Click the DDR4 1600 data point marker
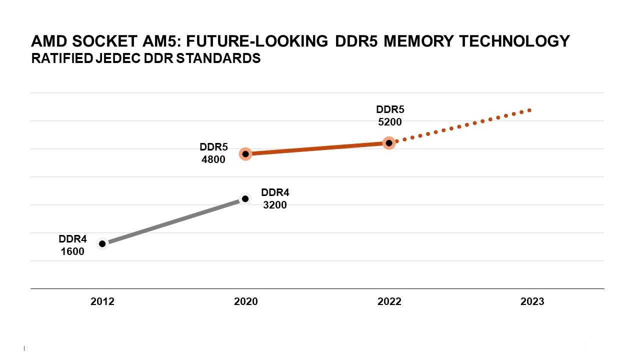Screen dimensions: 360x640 (x=102, y=243)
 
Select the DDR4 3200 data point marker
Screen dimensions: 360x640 (x=245, y=198)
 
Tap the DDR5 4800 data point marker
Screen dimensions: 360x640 (x=245, y=154)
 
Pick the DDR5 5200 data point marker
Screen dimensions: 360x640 (x=389, y=143)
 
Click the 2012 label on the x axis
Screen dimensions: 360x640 (x=102, y=301)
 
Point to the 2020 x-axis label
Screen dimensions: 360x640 (x=246, y=301)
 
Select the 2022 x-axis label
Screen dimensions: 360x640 (x=389, y=301)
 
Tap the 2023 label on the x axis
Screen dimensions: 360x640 (x=532, y=301)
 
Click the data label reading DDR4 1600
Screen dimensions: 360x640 (x=72, y=245)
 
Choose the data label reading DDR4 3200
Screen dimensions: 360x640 (x=275, y=198)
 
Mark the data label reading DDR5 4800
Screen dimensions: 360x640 (x=213, y=153)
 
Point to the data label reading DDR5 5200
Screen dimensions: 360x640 (x=389, y=115)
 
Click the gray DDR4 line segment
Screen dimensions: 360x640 (x=173, y=221)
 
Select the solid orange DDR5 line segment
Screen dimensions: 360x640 (x=317, y=148)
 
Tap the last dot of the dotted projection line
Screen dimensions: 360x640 (x=529, y=110)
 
